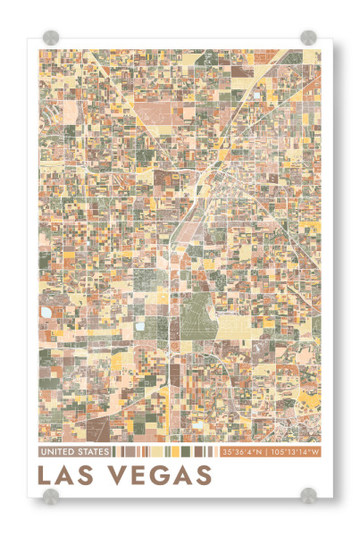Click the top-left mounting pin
[x=51, y=38]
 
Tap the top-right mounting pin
[x=308, y=38]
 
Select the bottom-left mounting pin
[x=51, y=494]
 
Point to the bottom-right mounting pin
[x=308, y=494]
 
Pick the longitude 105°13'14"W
[x=294, y=452]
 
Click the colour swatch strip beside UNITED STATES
[x=166, y=452]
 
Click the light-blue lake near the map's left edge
[x=46, y=313]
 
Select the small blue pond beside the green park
[x=139, y=327]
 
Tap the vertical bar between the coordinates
[x=268, y=452]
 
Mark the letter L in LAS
[x=45, y=473]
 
